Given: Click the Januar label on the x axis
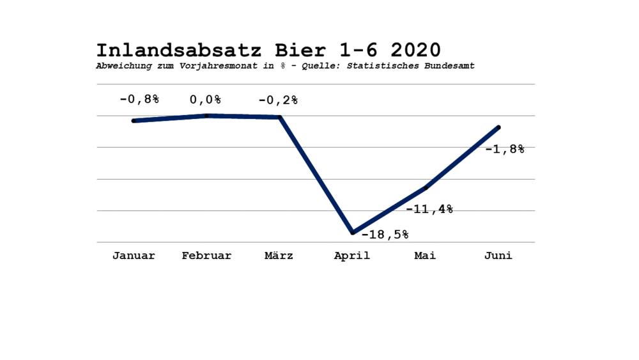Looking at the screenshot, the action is [134, 256].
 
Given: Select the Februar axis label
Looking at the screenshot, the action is [206, 256].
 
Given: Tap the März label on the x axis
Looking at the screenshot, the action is [279, 256].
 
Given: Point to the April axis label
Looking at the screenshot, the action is [352, 256].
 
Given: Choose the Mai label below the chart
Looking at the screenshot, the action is [425, 256].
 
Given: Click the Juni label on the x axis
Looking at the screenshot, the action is [498, 256].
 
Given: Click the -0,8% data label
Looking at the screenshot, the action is [139, 99].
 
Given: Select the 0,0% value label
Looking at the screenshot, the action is [205, 100].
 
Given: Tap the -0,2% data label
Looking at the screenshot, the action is [279, 100].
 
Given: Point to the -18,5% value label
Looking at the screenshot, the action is [385, 235].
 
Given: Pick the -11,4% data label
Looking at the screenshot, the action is [429, 209].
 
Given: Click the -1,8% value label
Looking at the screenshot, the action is [505, 149].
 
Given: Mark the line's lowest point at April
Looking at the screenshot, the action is [353, 233].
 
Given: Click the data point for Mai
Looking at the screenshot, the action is [426, 188].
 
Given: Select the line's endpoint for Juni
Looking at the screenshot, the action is [499, 128].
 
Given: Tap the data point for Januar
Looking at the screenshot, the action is [134, 121].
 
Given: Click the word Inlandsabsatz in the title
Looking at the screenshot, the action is [179, 51].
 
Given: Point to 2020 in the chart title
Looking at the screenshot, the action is [416, 51].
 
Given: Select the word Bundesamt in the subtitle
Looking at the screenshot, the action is [449, 66].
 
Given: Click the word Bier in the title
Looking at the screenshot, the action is [300, 51].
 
